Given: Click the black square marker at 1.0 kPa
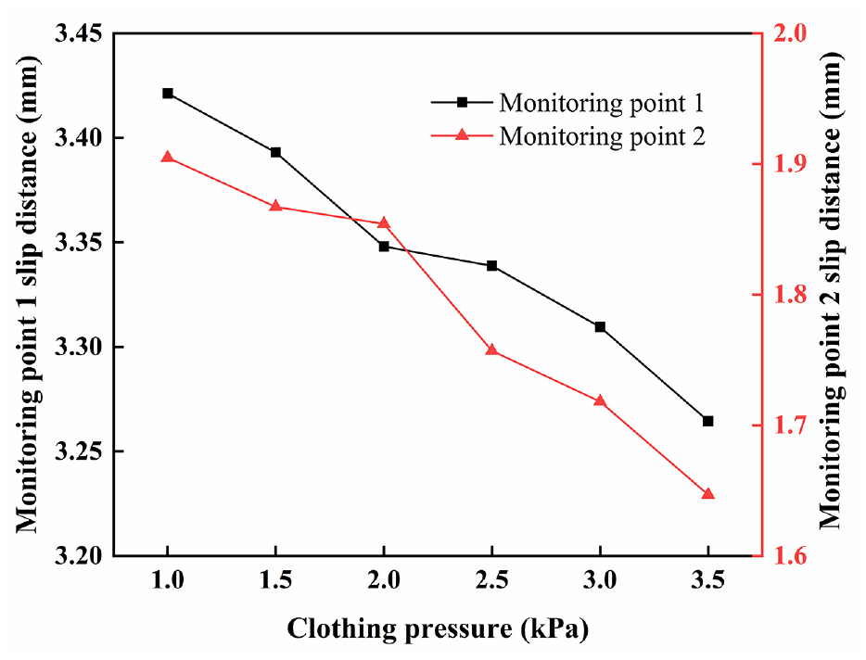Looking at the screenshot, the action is (168, 94).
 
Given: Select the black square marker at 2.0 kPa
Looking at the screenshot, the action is (384, 247).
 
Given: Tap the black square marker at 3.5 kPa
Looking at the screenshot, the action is (708, 422).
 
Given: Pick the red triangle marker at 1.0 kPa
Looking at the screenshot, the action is (168, 158).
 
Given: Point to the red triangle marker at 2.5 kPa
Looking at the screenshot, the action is (492, 349).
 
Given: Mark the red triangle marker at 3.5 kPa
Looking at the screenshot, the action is (708, 493).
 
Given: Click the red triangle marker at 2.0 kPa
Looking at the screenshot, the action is (384, 223).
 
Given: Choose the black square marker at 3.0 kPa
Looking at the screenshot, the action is (600, 327).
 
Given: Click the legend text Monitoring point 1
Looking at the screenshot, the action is (602, 103).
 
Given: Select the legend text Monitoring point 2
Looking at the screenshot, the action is (602, 136).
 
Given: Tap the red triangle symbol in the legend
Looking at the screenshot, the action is (462, 134).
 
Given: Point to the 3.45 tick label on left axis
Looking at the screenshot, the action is (79, 33).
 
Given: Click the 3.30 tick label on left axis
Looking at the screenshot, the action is (79, 348).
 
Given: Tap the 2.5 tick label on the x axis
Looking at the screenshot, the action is (492, 580).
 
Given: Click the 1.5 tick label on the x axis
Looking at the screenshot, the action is (275, 580).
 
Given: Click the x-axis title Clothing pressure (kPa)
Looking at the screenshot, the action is (438, 629).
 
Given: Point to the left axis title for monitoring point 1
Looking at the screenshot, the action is (28, 294).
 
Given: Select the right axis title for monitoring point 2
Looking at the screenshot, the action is (831, 291).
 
